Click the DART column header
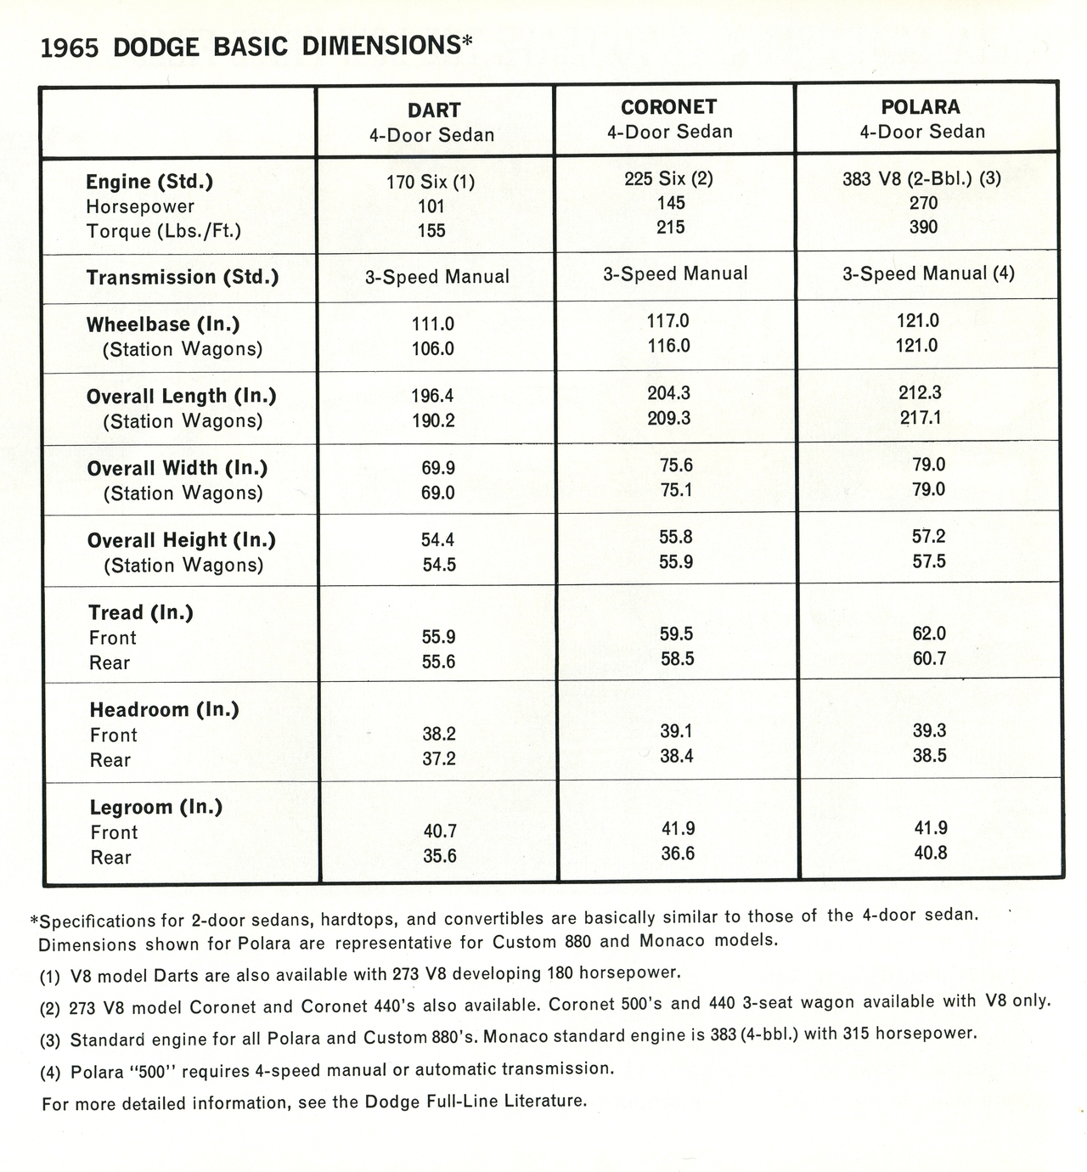coord(433,110)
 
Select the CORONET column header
coord(668,107)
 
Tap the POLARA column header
coord(921,107)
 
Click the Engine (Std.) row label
coord(149,182)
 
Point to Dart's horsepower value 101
coord(431,206)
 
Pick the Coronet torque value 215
coord(670,228)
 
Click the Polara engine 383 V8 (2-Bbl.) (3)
coord(921,178)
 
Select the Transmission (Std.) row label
coord(183,278)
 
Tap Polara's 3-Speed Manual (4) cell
coord(928,273)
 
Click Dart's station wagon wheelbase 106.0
coord(432,349)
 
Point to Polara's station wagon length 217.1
coord(921,418)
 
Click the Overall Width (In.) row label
coord(177,469)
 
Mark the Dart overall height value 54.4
coord(438,540)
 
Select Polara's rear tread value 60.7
coord(929,658)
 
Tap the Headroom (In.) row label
coord(164,710)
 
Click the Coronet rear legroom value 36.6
coord(678,854)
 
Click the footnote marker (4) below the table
coord(50,1073)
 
